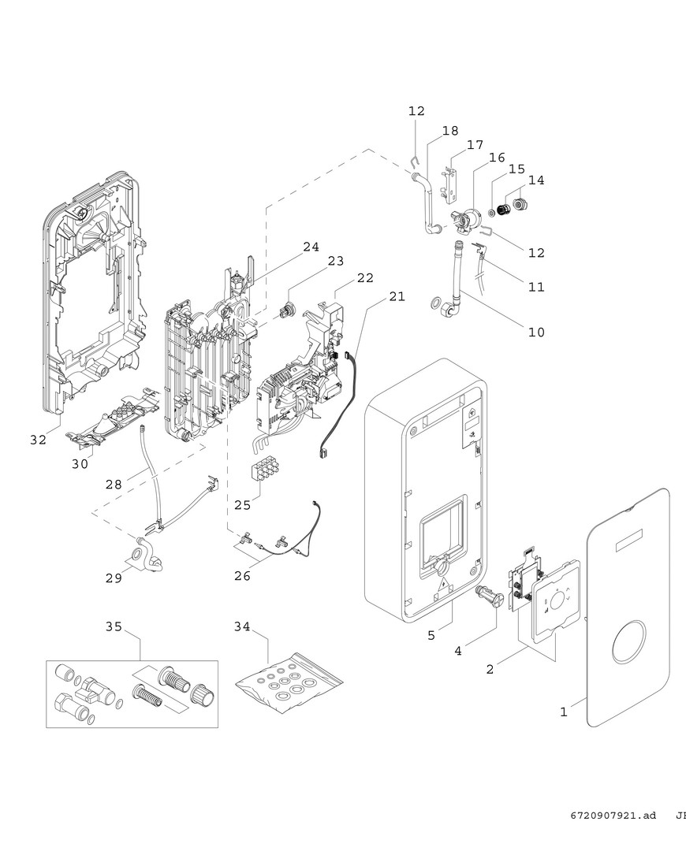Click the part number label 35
[x=114, y=626]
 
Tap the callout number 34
[x=242, y=626]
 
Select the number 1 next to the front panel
[x=563, y=712]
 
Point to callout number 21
[x=397, y=296]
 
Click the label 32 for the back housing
[x=39, y=440]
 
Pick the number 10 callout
[x=536, y=333]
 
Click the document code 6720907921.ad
[x=613, y=816]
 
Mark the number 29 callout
[x=114, y=578]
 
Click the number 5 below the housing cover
[x=431, y=635]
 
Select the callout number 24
[x=311, y=247]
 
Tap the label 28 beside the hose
[x=114, y=484]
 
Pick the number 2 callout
[x=490, y=669]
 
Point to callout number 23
[x=336, y=261]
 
